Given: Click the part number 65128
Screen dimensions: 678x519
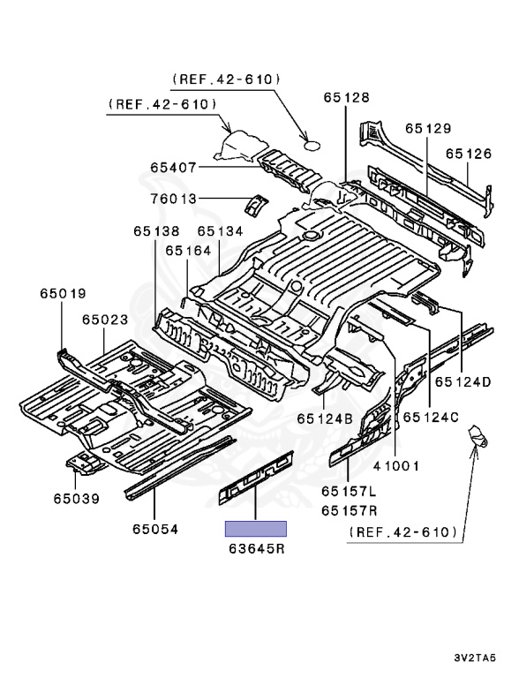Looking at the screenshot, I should coord(346,98).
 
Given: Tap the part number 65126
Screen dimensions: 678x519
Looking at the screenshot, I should coord(468,153).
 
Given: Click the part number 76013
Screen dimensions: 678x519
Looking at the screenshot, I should coord(173,199).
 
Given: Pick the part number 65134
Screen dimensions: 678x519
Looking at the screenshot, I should coord(220,231).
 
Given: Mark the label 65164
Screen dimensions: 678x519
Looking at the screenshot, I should coord(187,251).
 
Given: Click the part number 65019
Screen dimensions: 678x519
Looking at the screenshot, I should coord(63,293).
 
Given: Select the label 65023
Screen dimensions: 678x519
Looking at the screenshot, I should coord(106,320).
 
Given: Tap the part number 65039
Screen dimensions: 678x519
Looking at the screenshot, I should coord(75,499).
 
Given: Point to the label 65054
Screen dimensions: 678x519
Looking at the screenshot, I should coord(155,530).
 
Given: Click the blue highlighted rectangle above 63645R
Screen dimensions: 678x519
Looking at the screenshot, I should coord(256,529).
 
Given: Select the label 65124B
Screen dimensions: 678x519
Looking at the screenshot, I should coord(325,418).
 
